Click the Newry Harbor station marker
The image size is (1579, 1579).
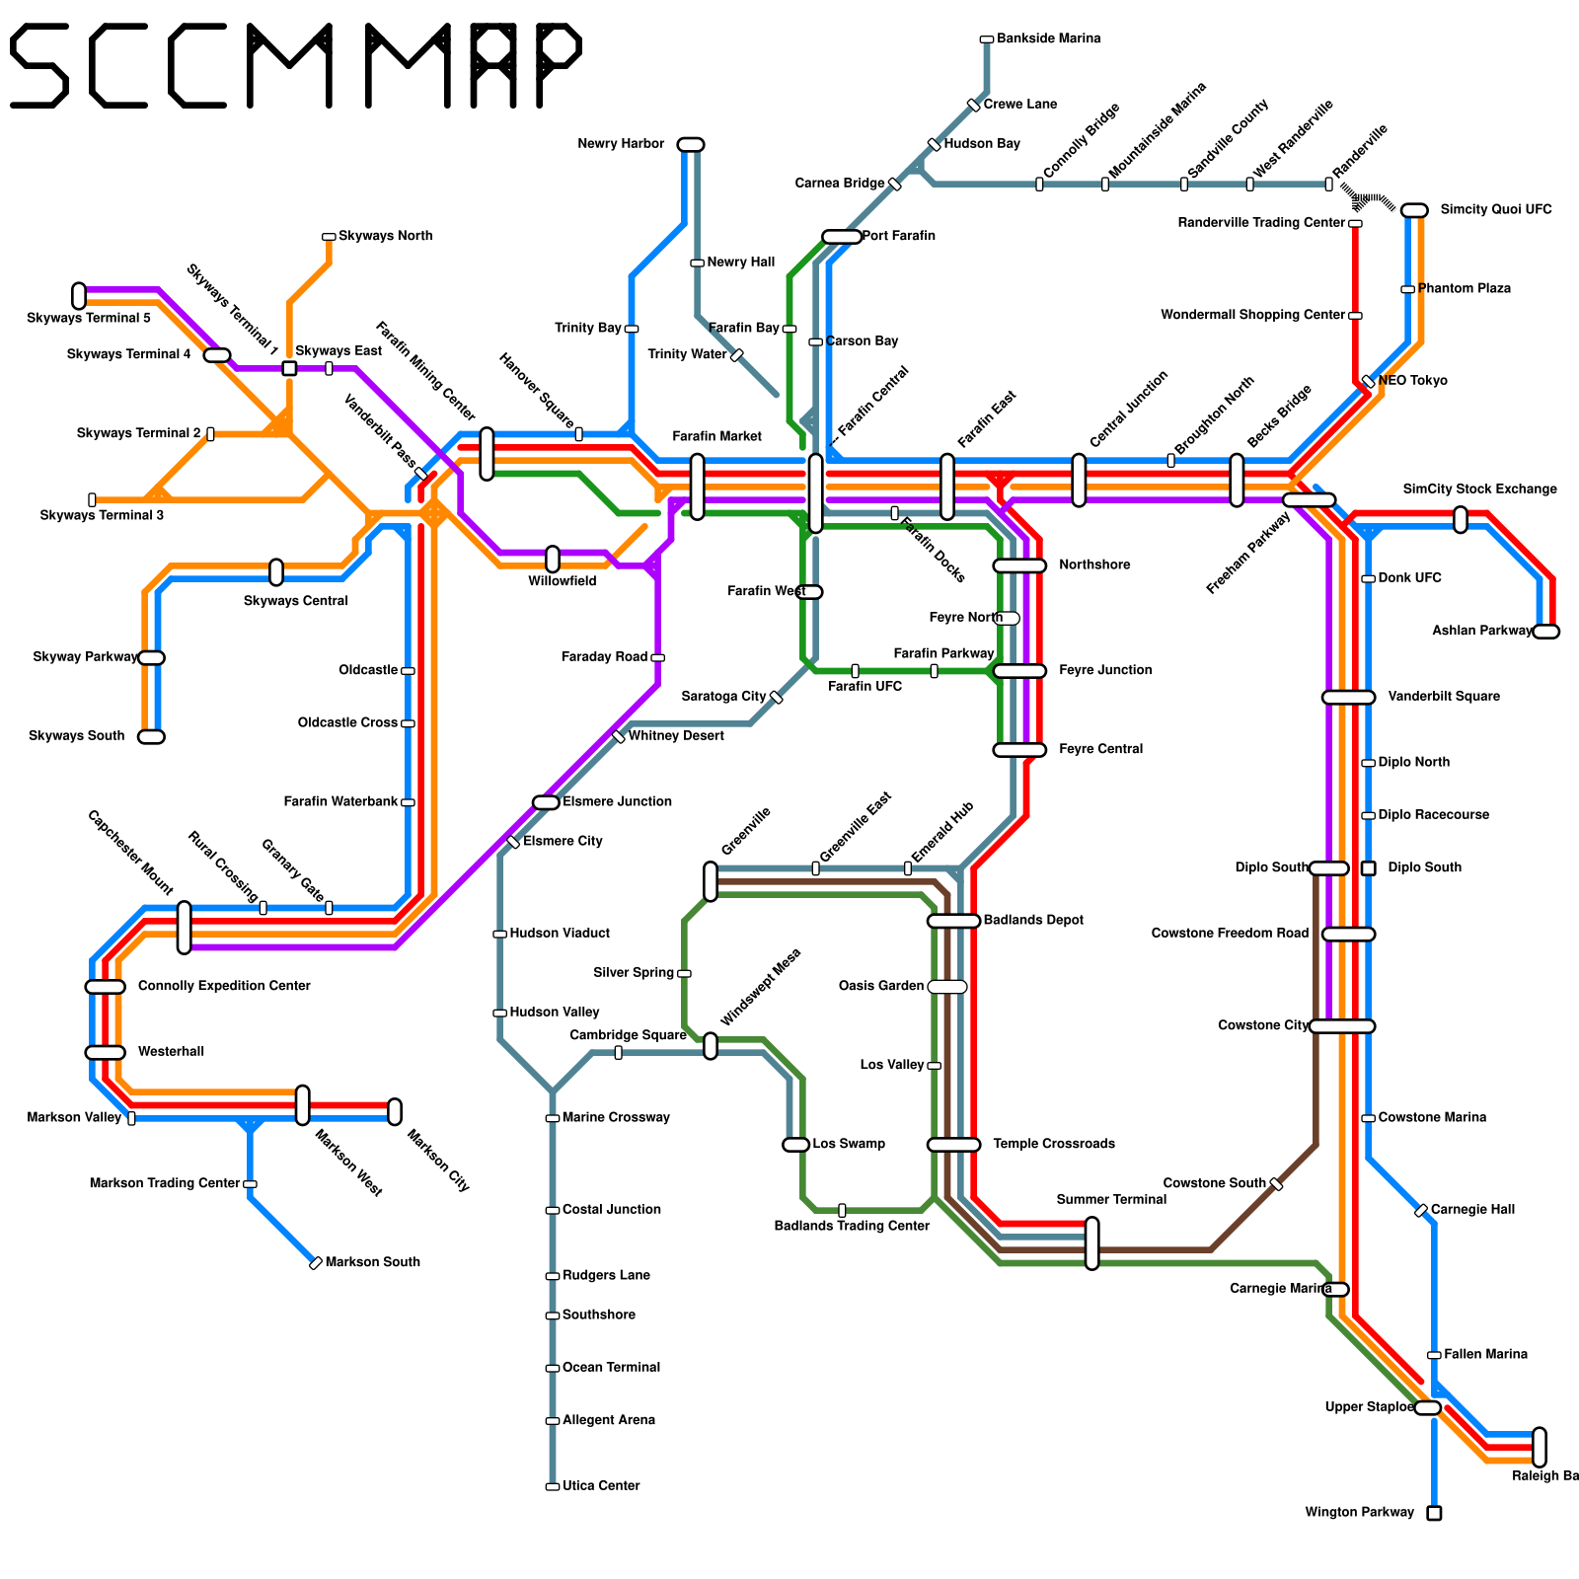(x=691, y=145)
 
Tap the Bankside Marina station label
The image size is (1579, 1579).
(x=1048, y=39)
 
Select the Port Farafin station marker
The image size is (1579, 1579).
(x=841, y=237)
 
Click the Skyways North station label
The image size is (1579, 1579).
(x=385, y=237)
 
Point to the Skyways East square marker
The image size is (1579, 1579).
(x=289, y=369)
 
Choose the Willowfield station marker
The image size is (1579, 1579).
(x=553, y=560)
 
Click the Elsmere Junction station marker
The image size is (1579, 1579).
(x=546, y=802)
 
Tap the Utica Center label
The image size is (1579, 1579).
(x=601, y=1486)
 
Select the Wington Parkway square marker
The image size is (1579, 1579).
(x=1434, y=1513)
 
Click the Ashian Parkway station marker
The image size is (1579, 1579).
(x=1546, y=632)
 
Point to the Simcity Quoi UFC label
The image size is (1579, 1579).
(x=1495, y=210)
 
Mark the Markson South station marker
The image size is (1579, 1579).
(x=316, y=1263)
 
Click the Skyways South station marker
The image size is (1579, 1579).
(x=151, y=737)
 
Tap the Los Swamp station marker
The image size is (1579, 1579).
(x=796, y=1145)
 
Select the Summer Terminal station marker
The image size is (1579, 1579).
(x=1091, y=1243)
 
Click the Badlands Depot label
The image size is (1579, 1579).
(x=1033, y=921)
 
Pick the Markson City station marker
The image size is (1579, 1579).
(x=395, y=1112)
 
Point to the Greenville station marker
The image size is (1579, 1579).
(x=711, y=881)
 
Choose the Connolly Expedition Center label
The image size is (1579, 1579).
(x=224, y=987)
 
